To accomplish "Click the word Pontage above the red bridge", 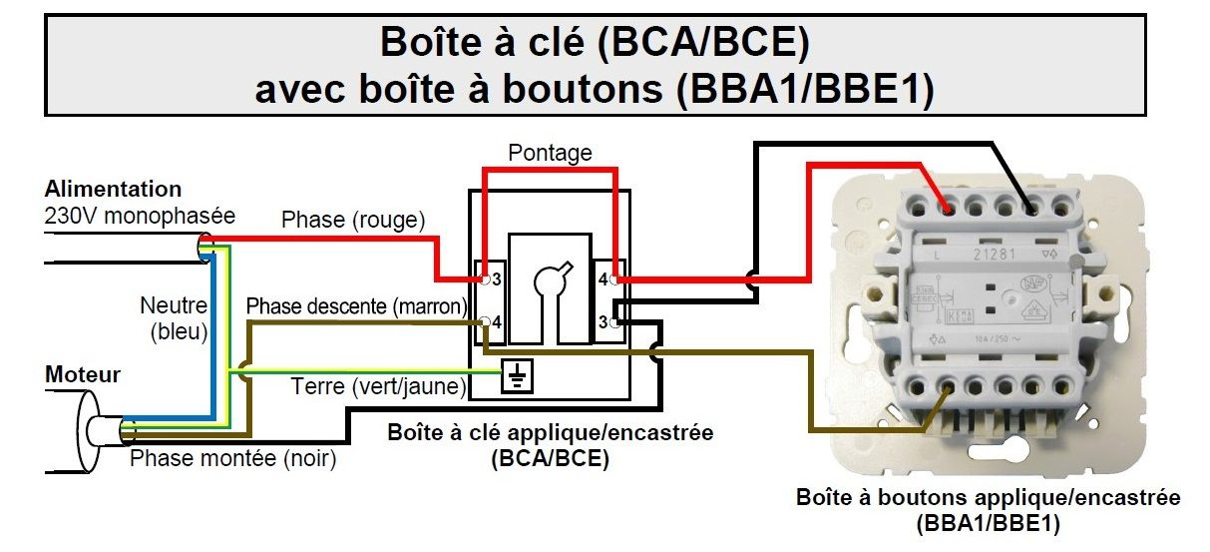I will pyautogui.click(x=550, y=153).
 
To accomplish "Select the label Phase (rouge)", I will pyautogui.click(x=353, y=219).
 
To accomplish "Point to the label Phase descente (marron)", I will pyautogui.click(x=356, y=304).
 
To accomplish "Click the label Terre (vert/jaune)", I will pyautogui.click(x=378, y=385).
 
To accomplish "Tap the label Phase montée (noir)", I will pyautogui.click(x=233, y=459).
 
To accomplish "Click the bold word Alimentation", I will pyautogui.click(x=113, y=189).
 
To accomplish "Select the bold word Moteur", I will pyautogui.click(x=83, y=375).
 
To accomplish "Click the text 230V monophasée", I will pyautogui.click(x=139, y=215).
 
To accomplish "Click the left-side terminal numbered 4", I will pyautogui.click(x=495, y=321).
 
